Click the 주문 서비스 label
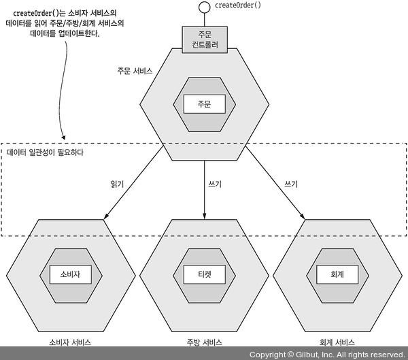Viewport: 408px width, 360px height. (x=135, y=70)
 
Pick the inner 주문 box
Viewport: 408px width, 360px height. (x=205, y=103)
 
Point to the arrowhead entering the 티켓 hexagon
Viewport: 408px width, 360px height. (x=205, y=216)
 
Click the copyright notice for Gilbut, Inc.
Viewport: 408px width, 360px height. (x=326, y=355)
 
